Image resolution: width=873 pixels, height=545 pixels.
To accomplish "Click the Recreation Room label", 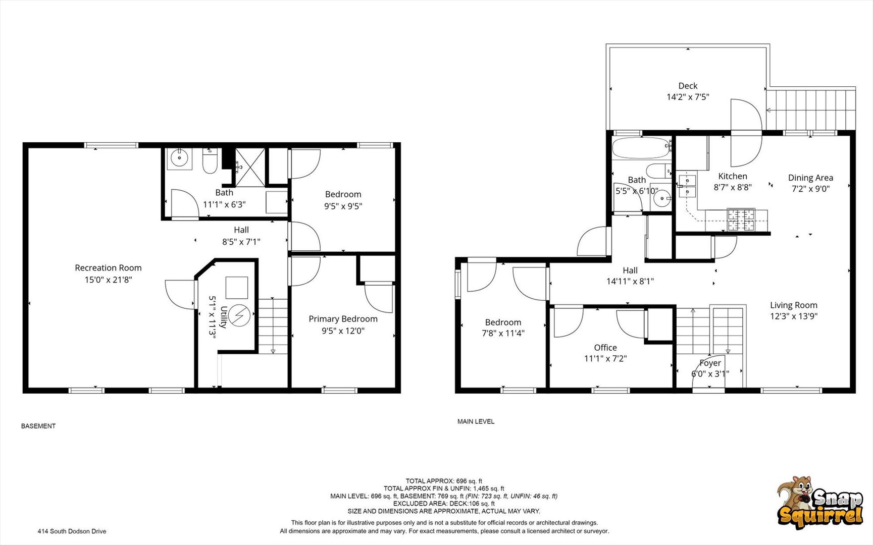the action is click(x=108, y=268).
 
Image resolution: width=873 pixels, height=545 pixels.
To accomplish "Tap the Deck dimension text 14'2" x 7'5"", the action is click(x=688, y=97).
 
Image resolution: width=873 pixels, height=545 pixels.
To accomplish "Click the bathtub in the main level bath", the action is click(x=642, y=148).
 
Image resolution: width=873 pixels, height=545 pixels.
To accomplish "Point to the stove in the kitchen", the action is click(x=741, y=220).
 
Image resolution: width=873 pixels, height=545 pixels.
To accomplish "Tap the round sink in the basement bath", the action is click(x=180, y=158).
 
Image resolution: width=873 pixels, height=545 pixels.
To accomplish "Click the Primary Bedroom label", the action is click(x=343, y=319).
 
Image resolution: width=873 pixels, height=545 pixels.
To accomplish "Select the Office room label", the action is click(x=605, y=348).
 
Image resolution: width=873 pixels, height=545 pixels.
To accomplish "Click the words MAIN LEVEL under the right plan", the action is click(x=476, y=421).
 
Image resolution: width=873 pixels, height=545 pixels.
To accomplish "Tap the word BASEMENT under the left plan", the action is click(x=38, y=426).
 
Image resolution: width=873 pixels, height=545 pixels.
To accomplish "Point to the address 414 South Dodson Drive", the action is click(x=72, y=531).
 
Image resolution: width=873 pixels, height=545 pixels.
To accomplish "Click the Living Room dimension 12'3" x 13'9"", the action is click(x=793, y=316).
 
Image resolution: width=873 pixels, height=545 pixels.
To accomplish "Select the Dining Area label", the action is click(x=810, y=178).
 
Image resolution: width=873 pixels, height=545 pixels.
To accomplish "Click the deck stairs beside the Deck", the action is click(x=811, y=109).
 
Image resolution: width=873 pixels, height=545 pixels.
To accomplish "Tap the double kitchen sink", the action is click(x=688, y=185).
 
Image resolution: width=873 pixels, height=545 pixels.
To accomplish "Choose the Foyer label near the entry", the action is click(x=710, y=363).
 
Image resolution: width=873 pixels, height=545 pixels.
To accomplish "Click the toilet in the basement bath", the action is click(x=210, y=161).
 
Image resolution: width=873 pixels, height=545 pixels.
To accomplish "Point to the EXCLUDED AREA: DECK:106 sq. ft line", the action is click(x=444, y=504).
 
